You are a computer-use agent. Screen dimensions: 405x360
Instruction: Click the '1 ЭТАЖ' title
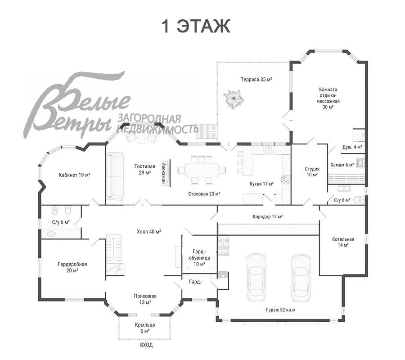[x=196, y=26]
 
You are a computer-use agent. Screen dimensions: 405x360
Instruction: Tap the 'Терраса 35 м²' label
[x=256, y=79]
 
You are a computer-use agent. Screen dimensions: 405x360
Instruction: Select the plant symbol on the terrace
[x=234, y=99]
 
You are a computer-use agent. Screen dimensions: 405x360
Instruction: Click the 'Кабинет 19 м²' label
[x=74, y=175]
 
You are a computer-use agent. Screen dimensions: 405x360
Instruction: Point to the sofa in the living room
[x=115, y=176]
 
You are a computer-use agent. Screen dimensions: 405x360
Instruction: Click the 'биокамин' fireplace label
[x=163, y=173]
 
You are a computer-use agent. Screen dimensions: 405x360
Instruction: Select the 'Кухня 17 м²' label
[x=261, y=184]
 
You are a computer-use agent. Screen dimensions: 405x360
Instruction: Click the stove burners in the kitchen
[x=286, y=179]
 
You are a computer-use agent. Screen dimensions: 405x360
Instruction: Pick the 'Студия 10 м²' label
[x=312, y=172]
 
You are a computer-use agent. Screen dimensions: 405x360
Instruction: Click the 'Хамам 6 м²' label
[x=342, y=165]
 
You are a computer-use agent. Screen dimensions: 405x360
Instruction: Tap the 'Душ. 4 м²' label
[x=352, y=147]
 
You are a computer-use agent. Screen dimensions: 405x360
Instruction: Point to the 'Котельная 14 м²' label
[x=343, y=242]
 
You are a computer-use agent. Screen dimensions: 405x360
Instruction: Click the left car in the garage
[x=256, y=277]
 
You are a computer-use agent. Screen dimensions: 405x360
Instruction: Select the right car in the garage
[x=301, y=278]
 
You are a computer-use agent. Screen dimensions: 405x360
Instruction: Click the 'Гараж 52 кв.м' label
[x=280, y=310]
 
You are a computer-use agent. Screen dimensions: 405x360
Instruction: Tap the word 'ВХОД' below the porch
[x=146, y=345]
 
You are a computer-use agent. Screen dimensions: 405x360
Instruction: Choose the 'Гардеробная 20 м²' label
[x=72, y=267]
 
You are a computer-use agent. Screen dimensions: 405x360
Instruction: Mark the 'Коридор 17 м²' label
[x=268, y=216]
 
